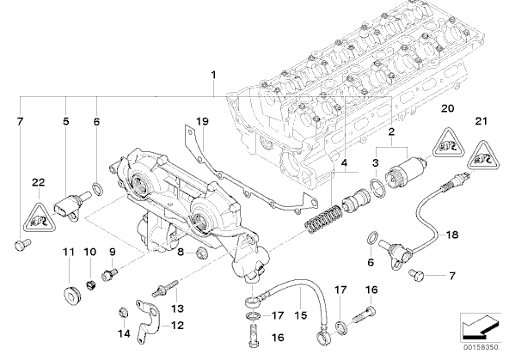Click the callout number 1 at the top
coord(213,75)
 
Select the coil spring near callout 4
coord(322,219)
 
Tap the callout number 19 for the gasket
coord(203,122)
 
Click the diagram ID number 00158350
coord(482,347)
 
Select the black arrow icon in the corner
coord(481,327)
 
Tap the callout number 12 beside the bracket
coord(177,326)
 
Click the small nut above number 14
coord(123,313)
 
